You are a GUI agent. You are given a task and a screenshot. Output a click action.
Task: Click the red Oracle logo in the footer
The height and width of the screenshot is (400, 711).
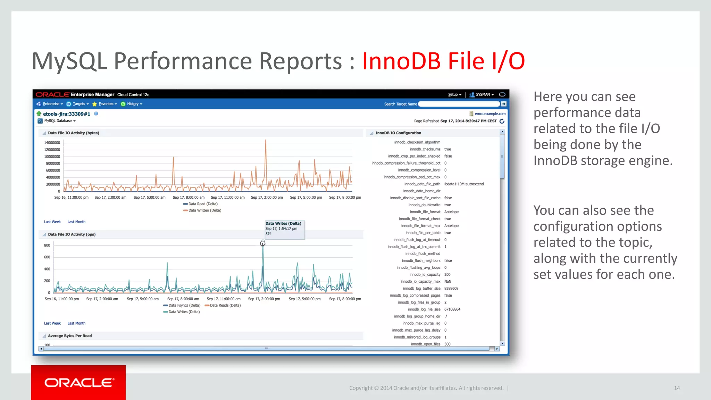click(78, 383)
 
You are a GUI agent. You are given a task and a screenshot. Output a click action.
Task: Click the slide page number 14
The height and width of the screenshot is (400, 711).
click(677, 388)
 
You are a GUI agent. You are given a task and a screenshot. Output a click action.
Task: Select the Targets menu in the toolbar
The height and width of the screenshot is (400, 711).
click(79, 104)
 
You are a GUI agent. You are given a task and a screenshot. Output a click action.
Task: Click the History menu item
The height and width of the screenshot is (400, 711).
click(132, 104)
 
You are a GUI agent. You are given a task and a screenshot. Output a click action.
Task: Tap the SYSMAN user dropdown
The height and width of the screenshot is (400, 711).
click(482, 94)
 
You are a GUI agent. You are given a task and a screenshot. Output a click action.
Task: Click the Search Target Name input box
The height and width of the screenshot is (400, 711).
click(459, 104)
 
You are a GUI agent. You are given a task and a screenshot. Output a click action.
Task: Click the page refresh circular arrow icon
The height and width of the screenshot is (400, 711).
click(502, 121)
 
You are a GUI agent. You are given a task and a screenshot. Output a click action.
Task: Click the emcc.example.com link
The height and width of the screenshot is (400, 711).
click(490, 114)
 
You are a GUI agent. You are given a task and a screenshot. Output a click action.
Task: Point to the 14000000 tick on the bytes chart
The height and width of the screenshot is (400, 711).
click(52, 143)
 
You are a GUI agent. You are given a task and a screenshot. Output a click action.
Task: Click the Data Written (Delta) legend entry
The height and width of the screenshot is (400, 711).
click(204, 210)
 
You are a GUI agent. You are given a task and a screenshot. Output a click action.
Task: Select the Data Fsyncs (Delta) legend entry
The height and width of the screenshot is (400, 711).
click(184, 306)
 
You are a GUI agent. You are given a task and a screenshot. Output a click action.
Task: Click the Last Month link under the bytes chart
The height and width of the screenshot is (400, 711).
click(76, 222)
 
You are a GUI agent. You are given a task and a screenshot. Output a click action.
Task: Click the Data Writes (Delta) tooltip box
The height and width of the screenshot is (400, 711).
click(284, 229)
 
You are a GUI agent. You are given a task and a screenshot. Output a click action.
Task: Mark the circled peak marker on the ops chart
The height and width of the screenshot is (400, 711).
click(263, 243)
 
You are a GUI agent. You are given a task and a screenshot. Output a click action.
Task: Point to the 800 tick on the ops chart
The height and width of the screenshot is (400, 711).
click(47, 245)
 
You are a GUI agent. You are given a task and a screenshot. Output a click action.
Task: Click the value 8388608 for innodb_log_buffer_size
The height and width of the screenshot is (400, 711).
click(451, 289)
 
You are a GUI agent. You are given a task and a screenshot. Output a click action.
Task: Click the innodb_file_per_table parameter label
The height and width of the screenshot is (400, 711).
click(423, 233)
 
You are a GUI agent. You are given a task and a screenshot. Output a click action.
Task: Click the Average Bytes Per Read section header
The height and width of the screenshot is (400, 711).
click(70, 336)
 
